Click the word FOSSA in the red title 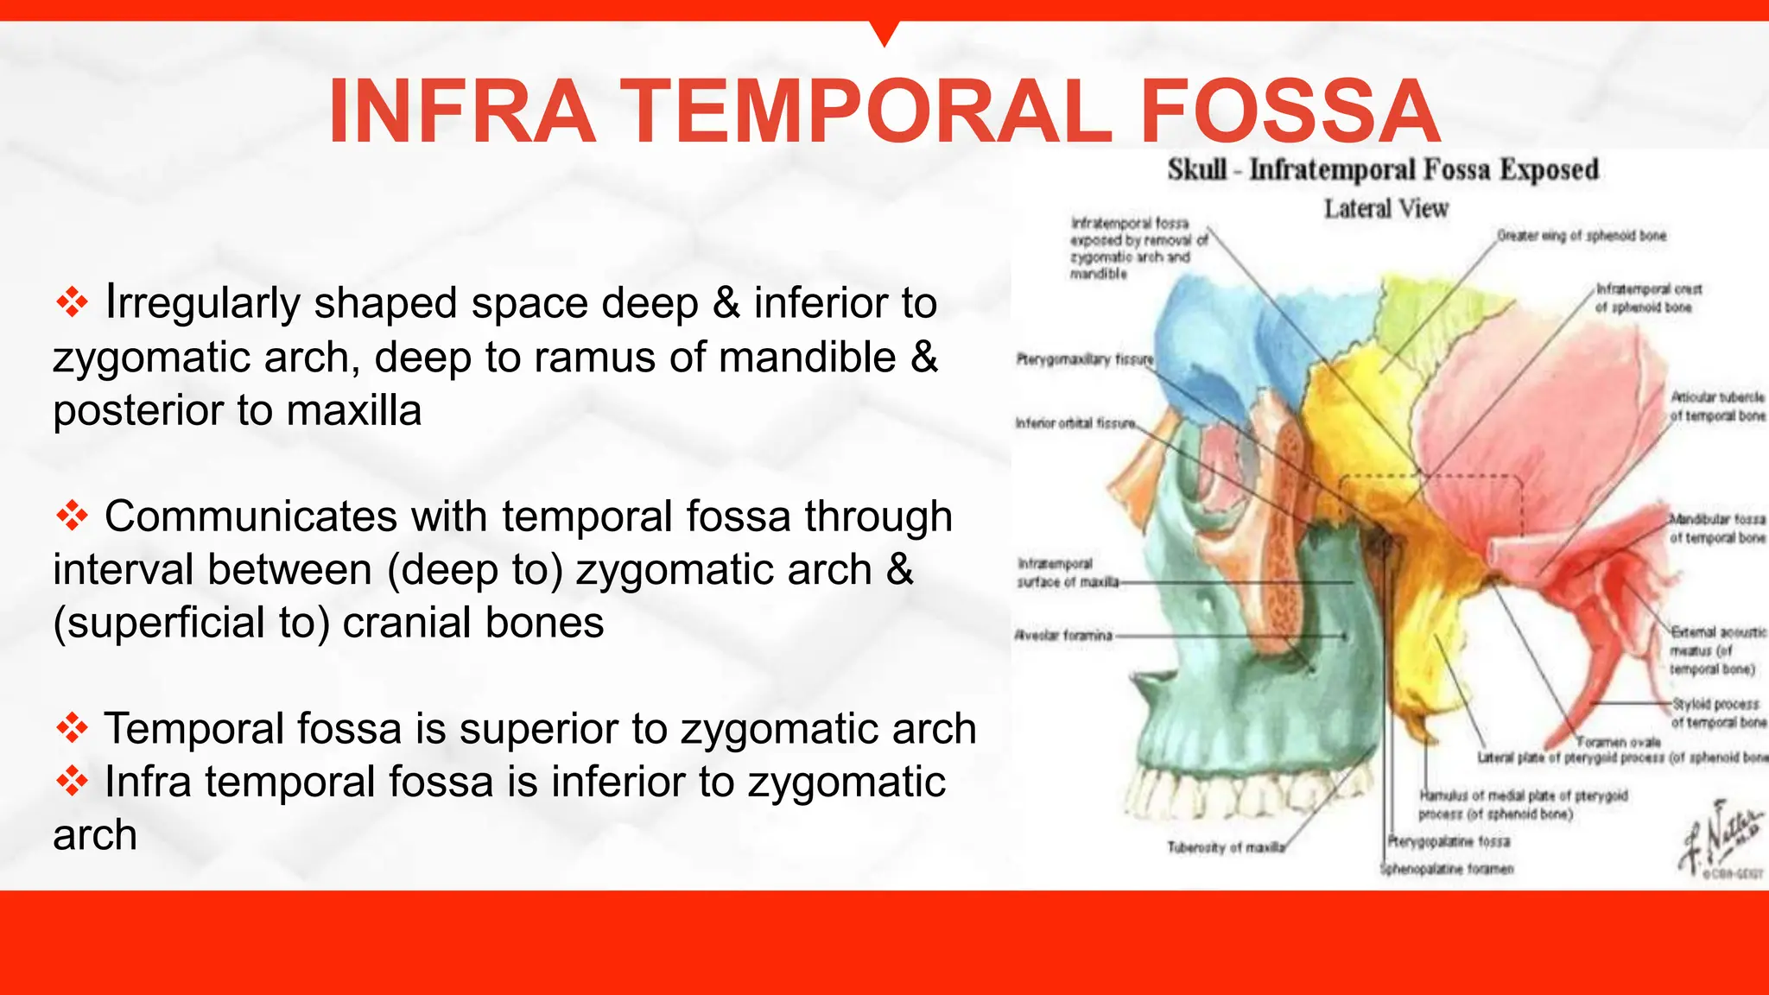pyautogui.click(x=1290, y=112)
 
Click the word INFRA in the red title pyautogui.click(x=462, y=112)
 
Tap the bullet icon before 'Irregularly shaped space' pyautogui.click(x=72, y=302)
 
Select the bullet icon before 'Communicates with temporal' pyautogui.click(x=72, y=516)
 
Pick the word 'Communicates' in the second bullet pyautogui.click(x=250, y=517)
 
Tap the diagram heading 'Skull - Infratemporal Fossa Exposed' pyautogui.click(x=1382, y=169)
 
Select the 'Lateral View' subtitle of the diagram pyautogui.click(x=1385, y=209)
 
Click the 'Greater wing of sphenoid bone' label pyautogui.click(x=1581, y=236)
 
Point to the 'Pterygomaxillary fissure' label pyautogui.click(x=1084, y=359)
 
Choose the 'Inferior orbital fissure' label pyautogui.click(x=1075, y=423)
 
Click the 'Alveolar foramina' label pyautogui.click(x=1063, y=636)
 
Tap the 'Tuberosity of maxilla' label pyautogui.click(x=1226, y=848)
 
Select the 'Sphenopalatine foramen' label pyautogui.click(x=1446, y=869)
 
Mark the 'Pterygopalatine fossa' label pyautogui.click(x=1449, y=841)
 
